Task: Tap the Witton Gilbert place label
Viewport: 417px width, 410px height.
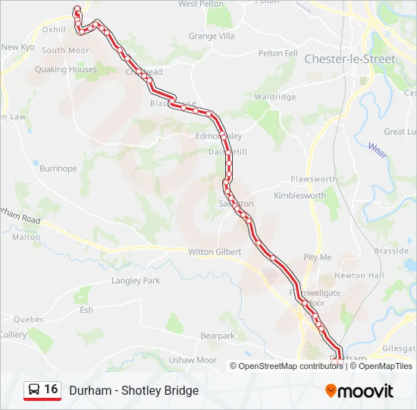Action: (214, 251)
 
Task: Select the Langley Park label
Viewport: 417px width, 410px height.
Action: (136, 280)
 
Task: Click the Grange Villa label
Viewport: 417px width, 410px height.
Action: (212, 36)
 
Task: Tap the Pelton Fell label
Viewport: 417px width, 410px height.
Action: (277, 53)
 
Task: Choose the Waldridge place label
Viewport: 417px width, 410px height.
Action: (274, 97)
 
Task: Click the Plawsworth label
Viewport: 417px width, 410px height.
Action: (313, 179)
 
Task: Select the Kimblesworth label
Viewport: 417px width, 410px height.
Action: (299, 195)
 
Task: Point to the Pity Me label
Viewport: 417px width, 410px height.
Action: (318, 257)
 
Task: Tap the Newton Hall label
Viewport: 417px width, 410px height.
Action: (359, 276)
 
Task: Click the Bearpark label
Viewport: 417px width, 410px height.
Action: (218, 336)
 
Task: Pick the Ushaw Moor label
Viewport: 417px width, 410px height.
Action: (193, 360)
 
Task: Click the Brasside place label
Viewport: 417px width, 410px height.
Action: (391, 251)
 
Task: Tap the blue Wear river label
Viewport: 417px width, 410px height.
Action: (378, 151)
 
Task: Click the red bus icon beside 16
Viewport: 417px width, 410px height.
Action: (33, 390)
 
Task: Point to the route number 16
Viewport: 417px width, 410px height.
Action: (51, 389)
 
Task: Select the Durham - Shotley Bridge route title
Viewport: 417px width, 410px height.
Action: (133, 390)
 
